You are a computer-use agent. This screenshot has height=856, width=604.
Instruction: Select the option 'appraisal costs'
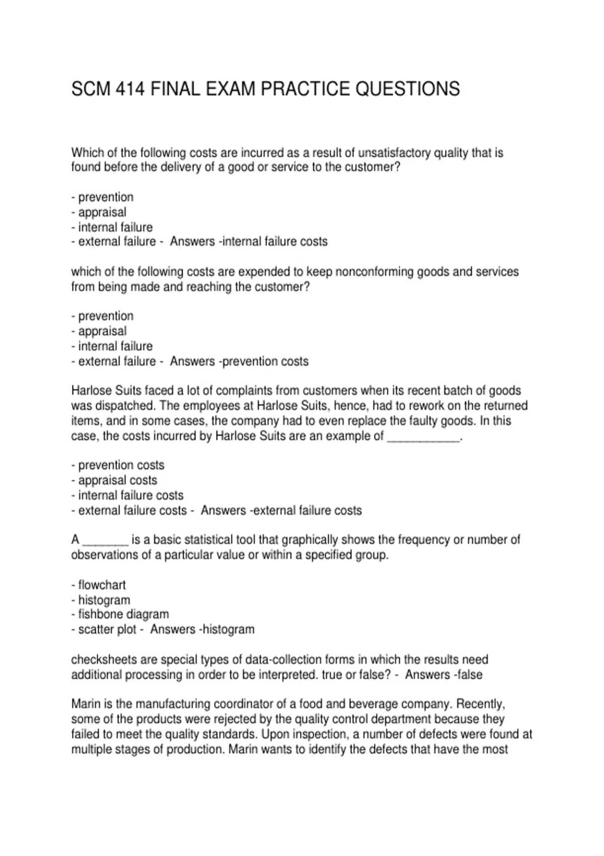[118, 480]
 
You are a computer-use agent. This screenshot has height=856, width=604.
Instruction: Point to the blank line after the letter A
[105, 540]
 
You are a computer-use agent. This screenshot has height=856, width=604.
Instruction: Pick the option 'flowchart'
[102, 585]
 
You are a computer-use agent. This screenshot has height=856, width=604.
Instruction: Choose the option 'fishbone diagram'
[123, 614]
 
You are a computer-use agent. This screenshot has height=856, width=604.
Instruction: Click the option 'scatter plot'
[107, 629]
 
